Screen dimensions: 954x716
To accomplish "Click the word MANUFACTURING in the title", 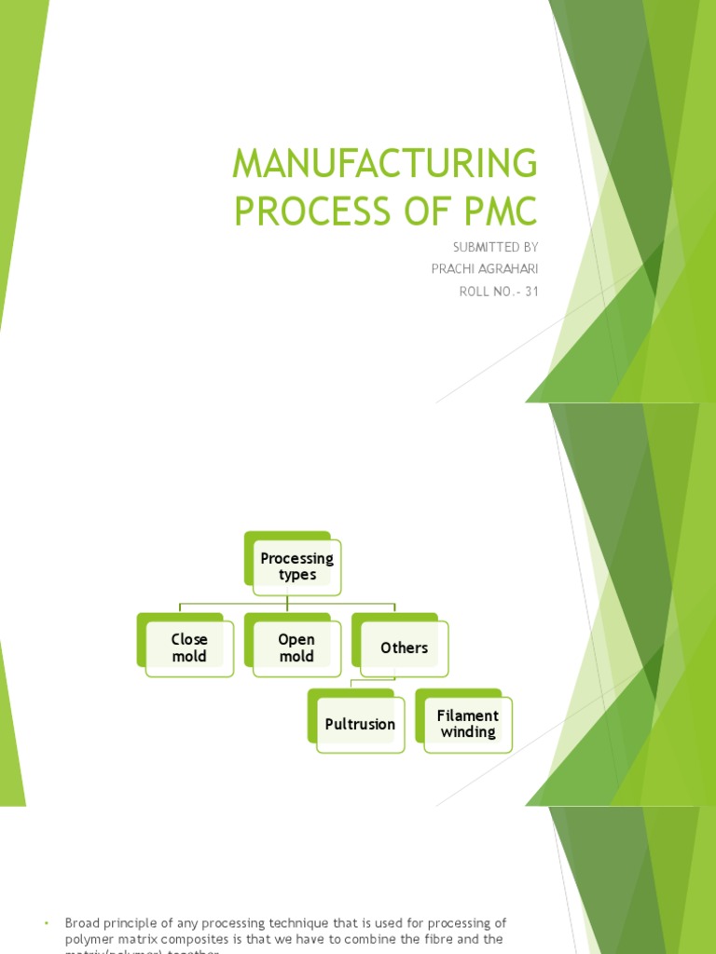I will pyautogui.click(x=385, y=165).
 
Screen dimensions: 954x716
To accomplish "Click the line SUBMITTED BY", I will pyautogui.click(x=495, y=247).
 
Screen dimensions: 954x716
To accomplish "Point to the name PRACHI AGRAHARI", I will pyautogui.click(x=485, y=269).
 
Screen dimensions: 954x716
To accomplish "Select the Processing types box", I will pyautogui.click(x=296, y=566).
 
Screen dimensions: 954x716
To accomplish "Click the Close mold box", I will pyautogui.click(x=189, y=647).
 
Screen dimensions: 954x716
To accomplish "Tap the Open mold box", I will pyautogui.click(x=296, y=647).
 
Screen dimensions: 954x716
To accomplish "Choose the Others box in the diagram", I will pyautogui.click(x=404, y=647).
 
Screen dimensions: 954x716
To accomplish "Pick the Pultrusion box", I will pyautogui.click(x=360, y=724).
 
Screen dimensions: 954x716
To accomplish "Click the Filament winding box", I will pyautogui.click(x=467, y=724).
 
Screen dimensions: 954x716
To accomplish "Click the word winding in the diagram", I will pyautogui.click(x=468, y=732).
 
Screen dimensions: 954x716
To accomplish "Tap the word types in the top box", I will pyautogui.click(x=297, y=575).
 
